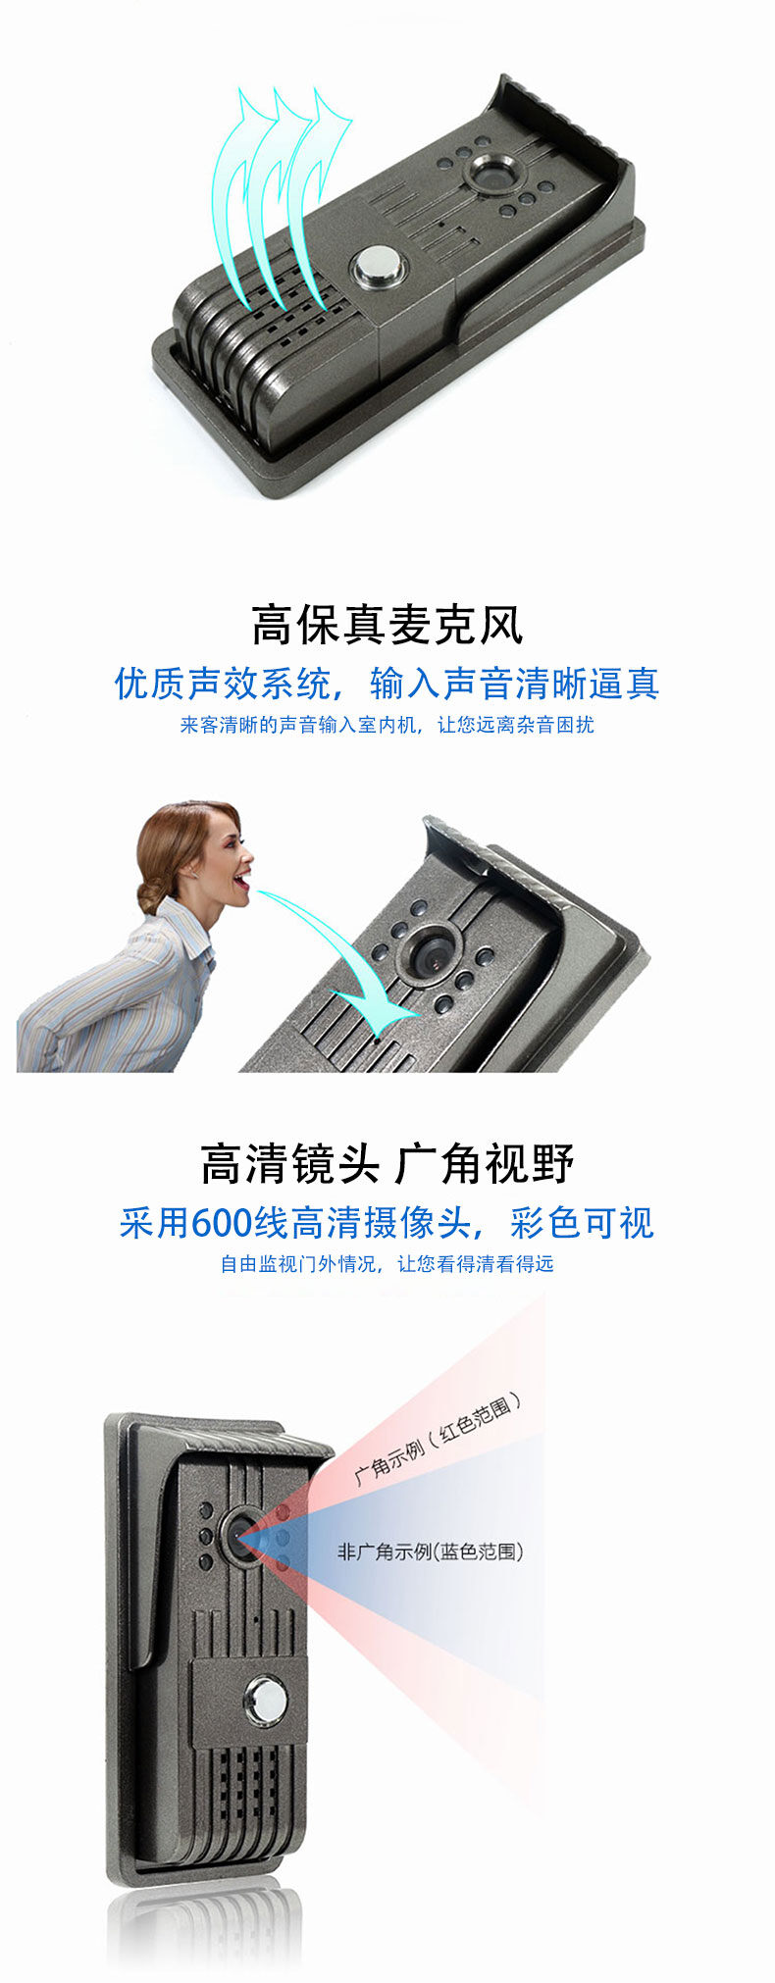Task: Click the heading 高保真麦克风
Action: pos(387,625)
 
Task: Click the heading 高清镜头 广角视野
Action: pos(387,1164)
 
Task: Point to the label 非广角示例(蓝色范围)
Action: pos(431,1551)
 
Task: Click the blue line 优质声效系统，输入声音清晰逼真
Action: pos(387,684)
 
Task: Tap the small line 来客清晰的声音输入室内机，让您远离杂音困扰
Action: pos(387,726)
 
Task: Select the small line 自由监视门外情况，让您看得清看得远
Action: pos(387,1264)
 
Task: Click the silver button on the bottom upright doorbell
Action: pos(265,1702)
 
